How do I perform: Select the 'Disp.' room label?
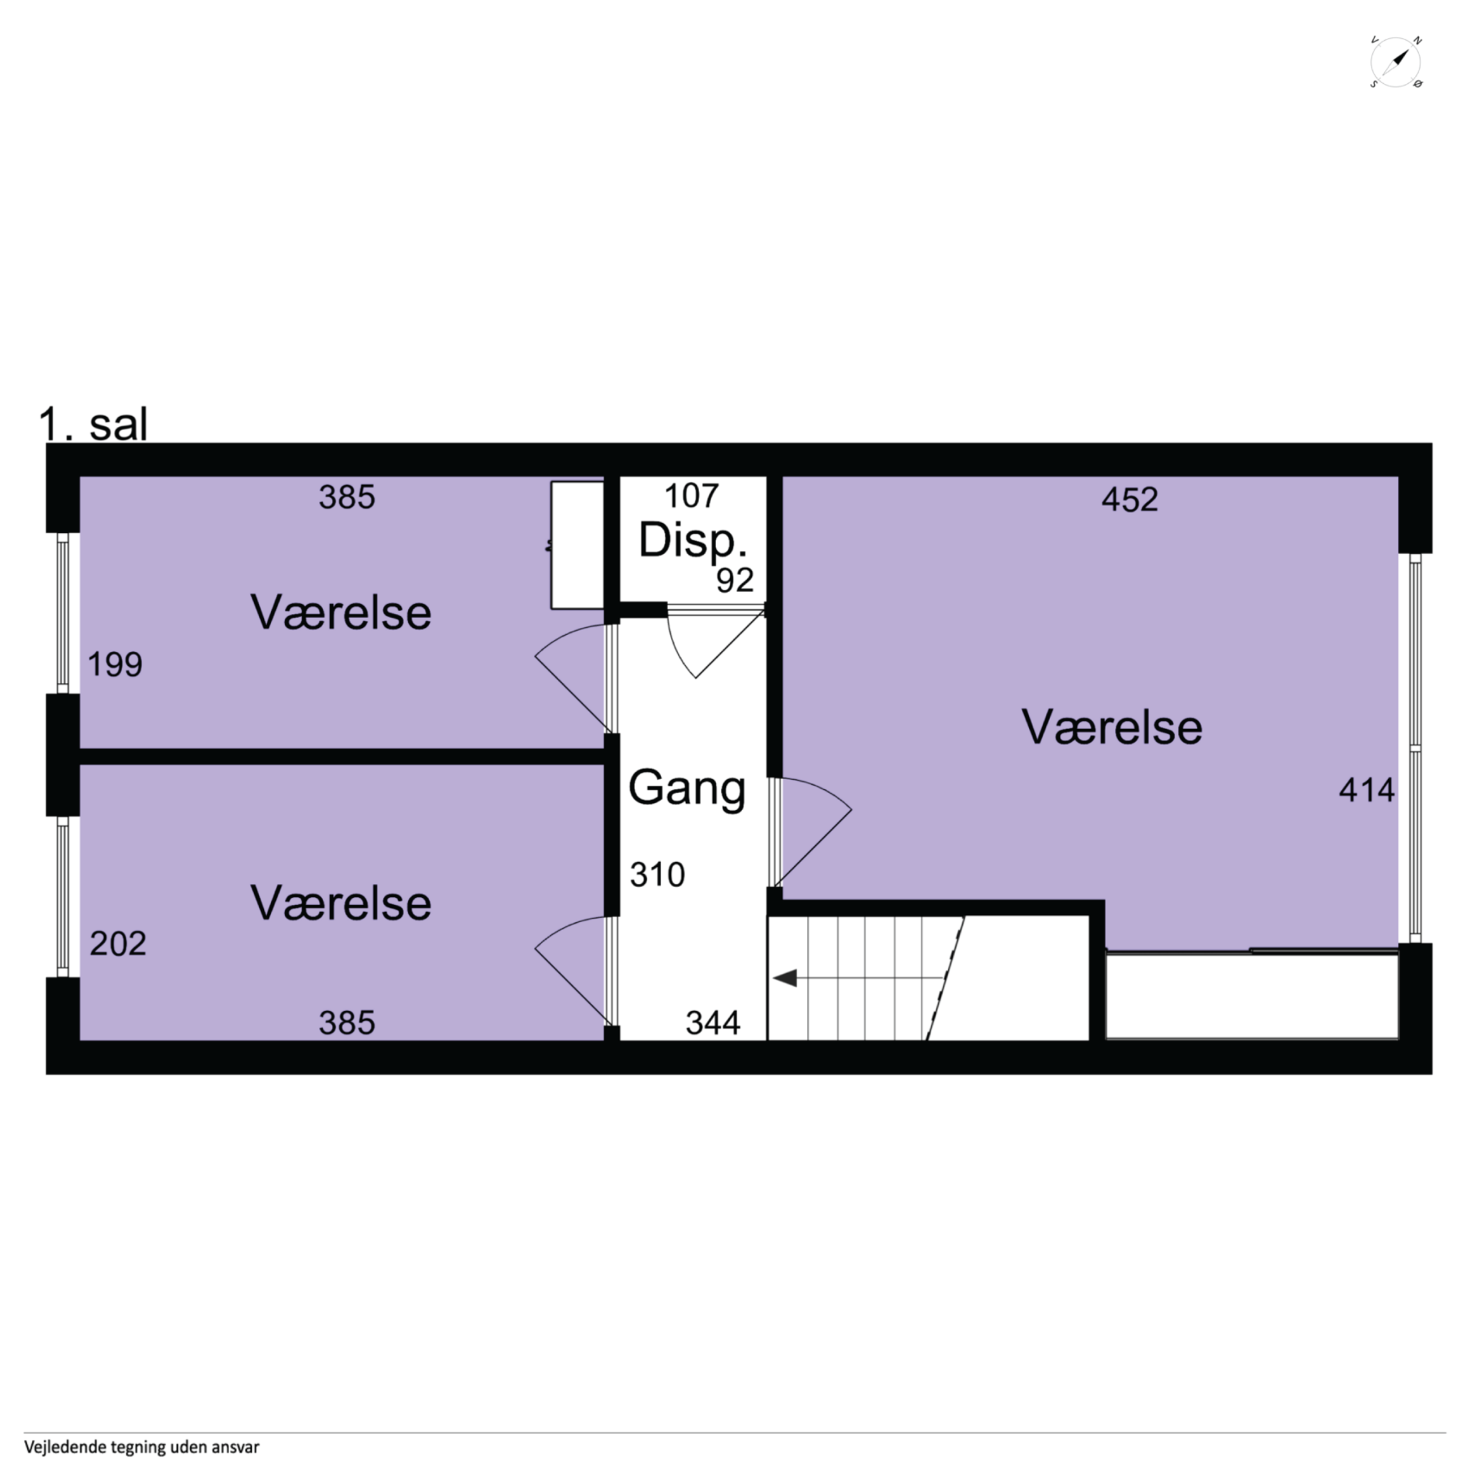coord(692,540)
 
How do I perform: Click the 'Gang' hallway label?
coord(687,789)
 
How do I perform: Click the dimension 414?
coord(1366,790)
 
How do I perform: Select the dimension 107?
coord(691,496)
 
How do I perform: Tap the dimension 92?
coord(734,580)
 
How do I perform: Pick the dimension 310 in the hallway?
coord(657,875)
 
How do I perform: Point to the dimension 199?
coord(115,664)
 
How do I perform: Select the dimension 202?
coord(118,944)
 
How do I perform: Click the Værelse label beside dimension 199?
coord(341,613)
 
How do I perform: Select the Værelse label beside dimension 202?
coord(341,903)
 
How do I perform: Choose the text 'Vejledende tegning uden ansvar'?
coord(142,1447)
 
